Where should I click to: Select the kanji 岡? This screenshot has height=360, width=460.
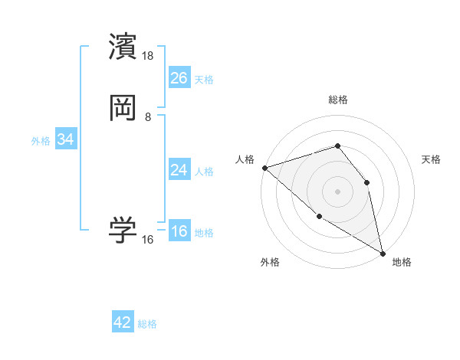click(x=123, y=109)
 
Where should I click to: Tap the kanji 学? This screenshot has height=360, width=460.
click(x=123, y=231)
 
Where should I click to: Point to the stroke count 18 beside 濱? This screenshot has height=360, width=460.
click(x=149, y=56)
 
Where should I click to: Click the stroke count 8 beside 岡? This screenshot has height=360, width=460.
click(x=148, y=117)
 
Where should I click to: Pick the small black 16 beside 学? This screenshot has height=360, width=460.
click(x=148, y=240)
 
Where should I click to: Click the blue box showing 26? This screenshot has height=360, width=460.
click(x=179, y=77)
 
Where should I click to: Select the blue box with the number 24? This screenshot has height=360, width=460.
click(x=179, y=170)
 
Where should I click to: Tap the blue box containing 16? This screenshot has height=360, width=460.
click(x=179, y=232)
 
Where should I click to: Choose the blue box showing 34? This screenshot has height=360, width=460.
click(x=66, y=140)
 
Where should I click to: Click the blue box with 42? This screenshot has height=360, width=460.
click(x=123, y=322)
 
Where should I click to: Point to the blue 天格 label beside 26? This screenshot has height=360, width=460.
click(x=204, y=79)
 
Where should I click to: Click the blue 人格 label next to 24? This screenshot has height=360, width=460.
click(x=204, y=172)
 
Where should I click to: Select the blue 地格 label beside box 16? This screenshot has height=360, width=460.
click(x=204, y=234)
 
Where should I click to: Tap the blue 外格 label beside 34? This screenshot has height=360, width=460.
click(x=41, y=141)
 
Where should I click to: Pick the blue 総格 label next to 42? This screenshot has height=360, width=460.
click(x=147, y=324)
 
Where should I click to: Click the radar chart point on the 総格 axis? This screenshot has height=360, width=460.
click(x=337, y=146)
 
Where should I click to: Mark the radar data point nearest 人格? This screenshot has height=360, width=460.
click(x=264, y=168)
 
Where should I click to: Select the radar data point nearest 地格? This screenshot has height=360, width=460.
click(x=383, y=252)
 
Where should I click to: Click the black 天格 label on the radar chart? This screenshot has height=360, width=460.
click(x=432, y=159)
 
